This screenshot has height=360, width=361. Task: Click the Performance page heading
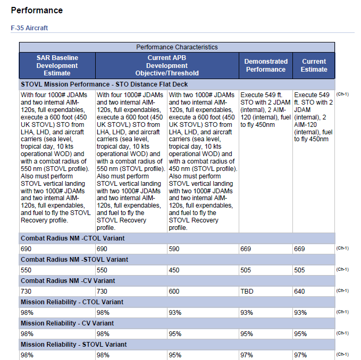point(37,10)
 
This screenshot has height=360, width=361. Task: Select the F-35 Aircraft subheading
point(29,28)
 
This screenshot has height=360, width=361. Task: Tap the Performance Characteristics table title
point(177,47)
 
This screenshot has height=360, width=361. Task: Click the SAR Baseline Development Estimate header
point(57,65)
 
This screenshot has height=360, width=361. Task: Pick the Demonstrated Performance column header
point(266,65)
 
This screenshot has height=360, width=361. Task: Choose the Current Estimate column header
point(314,65)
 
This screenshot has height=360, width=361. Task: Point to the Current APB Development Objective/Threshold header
point(167,65)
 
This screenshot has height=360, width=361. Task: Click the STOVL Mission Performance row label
point(104,84)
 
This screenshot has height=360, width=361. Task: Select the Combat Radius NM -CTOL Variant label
point(72,238)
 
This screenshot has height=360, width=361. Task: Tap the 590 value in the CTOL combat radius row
point(174,249)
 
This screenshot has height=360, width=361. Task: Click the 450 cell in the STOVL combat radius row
point(174,270)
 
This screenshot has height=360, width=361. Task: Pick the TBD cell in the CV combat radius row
point(247,292)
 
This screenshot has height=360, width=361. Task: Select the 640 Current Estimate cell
point(299,292)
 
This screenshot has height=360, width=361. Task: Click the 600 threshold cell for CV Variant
point(174,292)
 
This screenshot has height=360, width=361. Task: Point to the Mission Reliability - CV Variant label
point(67,323)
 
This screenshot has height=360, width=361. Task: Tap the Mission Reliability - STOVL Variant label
point(74,345)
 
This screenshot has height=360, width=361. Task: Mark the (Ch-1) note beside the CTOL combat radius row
point(342,248)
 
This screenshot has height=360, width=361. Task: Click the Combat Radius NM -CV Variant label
point(68,281)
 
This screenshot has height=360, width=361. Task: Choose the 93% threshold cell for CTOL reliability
point(175,313)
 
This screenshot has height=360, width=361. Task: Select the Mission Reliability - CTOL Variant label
point(72,302)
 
